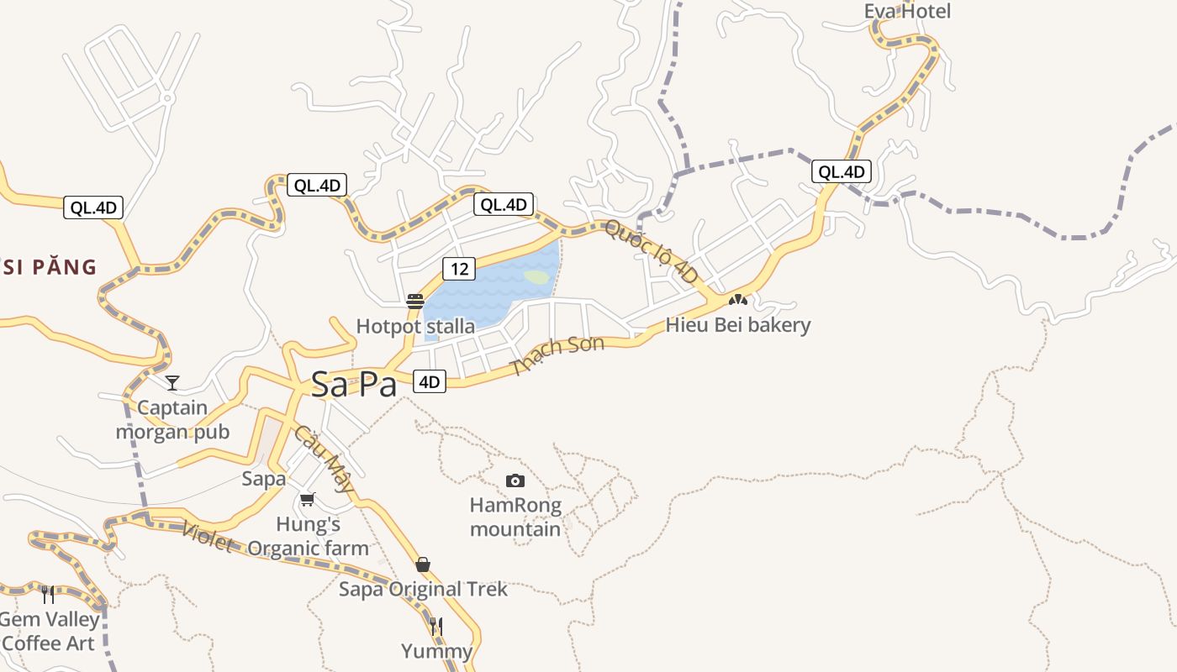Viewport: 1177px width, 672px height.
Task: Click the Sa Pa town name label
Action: click(x=353, y=385)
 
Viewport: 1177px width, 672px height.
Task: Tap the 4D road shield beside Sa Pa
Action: click(x=429, y=382)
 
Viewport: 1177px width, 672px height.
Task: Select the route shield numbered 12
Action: click(x=458, y=269)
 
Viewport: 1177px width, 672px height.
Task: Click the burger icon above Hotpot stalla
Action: click(x=414, y=302)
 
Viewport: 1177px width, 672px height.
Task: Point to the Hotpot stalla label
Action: click(x=415, y=326)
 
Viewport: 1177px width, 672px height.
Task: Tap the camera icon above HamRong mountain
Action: click(x=515, y=480)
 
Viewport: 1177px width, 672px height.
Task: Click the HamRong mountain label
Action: click(x=515, y=517)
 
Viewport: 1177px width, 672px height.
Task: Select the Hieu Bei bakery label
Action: click(x=738, y=325)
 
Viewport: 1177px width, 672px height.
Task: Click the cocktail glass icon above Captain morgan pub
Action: click(x=172, y=383)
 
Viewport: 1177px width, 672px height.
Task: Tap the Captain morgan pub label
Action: click(x=172, y=420)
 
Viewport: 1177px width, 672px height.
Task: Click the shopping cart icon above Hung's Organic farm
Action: click(x=308, y=500)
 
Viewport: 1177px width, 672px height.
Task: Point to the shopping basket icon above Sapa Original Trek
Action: click(x=423, y=564)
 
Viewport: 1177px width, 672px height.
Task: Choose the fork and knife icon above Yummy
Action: click(x=436, y=627)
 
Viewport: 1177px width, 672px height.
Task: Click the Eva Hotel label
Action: click(x=907, y=12)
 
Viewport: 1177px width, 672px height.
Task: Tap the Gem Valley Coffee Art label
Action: click(x=50, y=632)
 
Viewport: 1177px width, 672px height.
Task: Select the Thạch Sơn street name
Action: click(x=557, y=356)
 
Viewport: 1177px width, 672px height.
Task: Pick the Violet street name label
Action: click(x=207, y=537)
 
